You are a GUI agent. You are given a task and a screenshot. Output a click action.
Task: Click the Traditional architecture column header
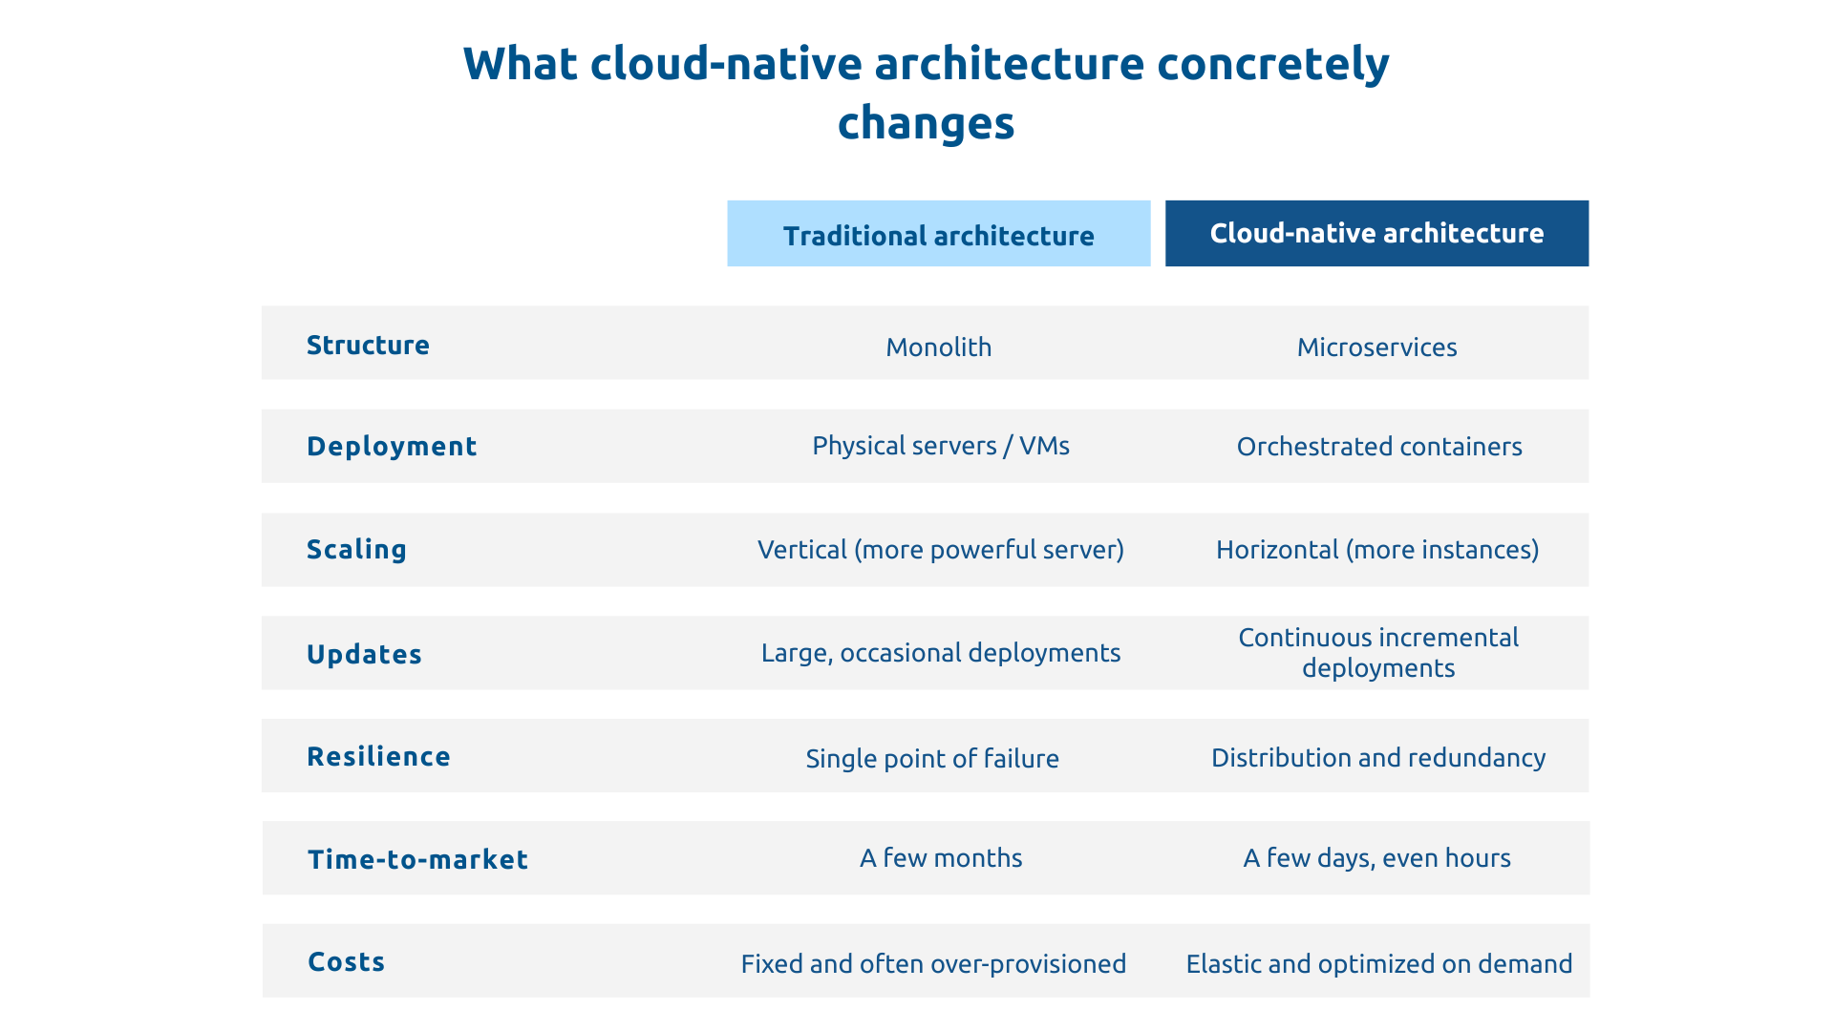[x=938, y=235]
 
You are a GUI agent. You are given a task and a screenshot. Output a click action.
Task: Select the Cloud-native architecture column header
[x=1376, y=233]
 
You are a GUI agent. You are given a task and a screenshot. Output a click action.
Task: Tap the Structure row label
[x=368, y=345]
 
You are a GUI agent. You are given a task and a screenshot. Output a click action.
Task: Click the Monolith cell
[x=938, y=347]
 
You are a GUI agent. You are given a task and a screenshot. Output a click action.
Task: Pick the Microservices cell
[x=1376, y=347]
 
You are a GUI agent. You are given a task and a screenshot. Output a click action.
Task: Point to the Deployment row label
[x=392, y=446]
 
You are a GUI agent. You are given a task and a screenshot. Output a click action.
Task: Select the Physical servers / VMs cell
[x=940, y=446]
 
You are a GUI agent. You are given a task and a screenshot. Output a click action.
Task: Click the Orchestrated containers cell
[x=1378, y=446]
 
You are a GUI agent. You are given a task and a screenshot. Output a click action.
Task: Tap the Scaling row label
[x=356, y=549]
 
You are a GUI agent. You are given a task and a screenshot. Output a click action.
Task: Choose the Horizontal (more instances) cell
[x=1376, y=549]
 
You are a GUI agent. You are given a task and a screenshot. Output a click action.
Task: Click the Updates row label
[x=364, y=654]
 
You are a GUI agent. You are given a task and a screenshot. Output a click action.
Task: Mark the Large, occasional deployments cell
[x=940, y=652]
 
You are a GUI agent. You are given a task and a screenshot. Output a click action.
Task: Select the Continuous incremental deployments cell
[x=1377, y=652]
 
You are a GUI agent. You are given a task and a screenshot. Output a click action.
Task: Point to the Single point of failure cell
[x=931, y=758]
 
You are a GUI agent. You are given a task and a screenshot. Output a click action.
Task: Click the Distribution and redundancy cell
[x=1377, y=757]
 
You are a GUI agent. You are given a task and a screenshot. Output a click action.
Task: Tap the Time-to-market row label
[x=417, y=859]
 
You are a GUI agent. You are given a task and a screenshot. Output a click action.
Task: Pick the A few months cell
[x=940, y=857]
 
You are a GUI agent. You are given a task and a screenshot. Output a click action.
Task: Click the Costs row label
[x=346, y=961]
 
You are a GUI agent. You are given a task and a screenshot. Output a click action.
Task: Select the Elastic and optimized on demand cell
[x=1378, y=963]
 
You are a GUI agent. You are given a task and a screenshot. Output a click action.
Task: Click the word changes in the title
[x=926, y=123]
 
